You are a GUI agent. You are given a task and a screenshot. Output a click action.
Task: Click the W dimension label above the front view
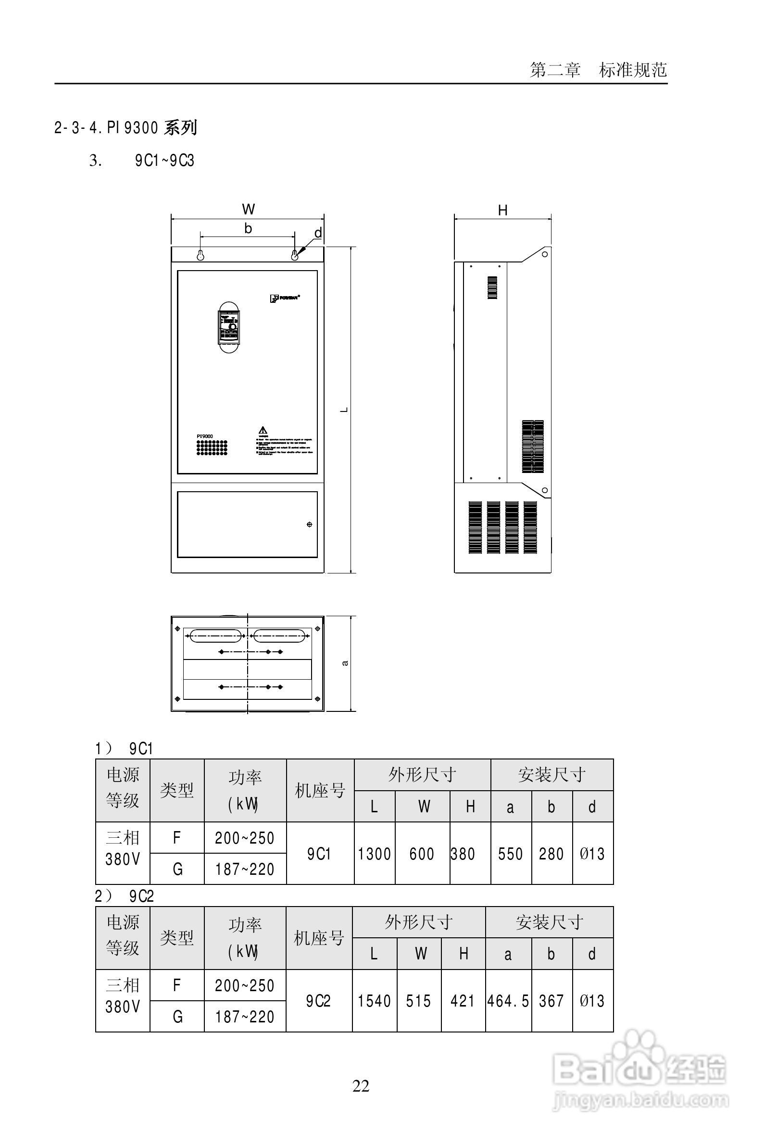[x=248, y=209]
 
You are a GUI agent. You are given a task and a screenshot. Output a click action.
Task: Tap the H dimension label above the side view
[x=502, y=210]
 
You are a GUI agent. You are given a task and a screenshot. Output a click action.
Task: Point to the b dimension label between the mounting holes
[x=248, y=228]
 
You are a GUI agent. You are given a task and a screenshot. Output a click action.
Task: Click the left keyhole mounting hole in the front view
[x=201, y=255]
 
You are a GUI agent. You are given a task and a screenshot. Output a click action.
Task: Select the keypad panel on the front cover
[x=229, y=327]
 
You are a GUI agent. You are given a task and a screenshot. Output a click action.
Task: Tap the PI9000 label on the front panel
[x=205, y=436]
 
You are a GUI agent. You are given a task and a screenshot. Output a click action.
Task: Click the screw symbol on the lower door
[x=309, y=524]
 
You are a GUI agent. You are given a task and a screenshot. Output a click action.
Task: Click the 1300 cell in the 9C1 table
[x=374, y=854]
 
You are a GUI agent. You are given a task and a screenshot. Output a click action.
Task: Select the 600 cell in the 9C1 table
[x=422, y=854]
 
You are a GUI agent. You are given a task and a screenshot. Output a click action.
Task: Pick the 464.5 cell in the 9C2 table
[x=508, y=1001]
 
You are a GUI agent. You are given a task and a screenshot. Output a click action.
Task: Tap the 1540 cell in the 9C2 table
[x=374, y=1001]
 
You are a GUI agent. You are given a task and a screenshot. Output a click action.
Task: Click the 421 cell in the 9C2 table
[x=463, y=1001]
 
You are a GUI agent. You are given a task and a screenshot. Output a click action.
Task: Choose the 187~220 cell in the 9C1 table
[x=245, y=870]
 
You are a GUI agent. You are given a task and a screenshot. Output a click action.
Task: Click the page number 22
[x=361, y=1086]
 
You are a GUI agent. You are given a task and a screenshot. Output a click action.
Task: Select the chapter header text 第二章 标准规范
[x=598, y=70]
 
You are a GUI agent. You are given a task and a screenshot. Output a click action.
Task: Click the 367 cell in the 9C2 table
[x=551, y=1001]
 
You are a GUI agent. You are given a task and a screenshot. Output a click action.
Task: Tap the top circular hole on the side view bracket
[x=545, y=254]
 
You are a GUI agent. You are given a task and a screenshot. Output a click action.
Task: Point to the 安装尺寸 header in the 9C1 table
[x=551, y=775]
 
